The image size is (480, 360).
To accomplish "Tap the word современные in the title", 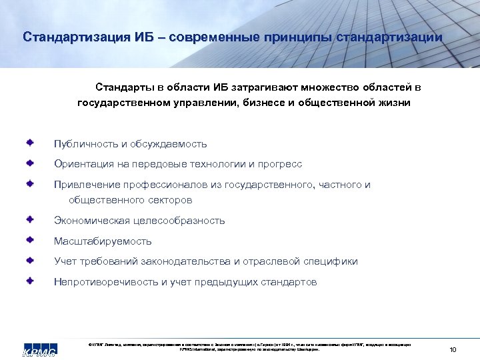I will [x=219, y=37].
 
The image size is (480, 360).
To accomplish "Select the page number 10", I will [x=453, y=349].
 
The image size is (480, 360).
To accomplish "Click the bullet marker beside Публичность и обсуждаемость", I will [x=31, y=143].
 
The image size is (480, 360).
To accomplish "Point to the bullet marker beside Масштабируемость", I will [x=31, y=240].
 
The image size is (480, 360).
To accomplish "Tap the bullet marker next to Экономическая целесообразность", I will [x=31, y=219].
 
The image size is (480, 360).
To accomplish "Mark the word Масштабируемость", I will [x=103, y=241].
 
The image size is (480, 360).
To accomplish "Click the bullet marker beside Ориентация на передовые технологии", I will [x=31, y=163].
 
